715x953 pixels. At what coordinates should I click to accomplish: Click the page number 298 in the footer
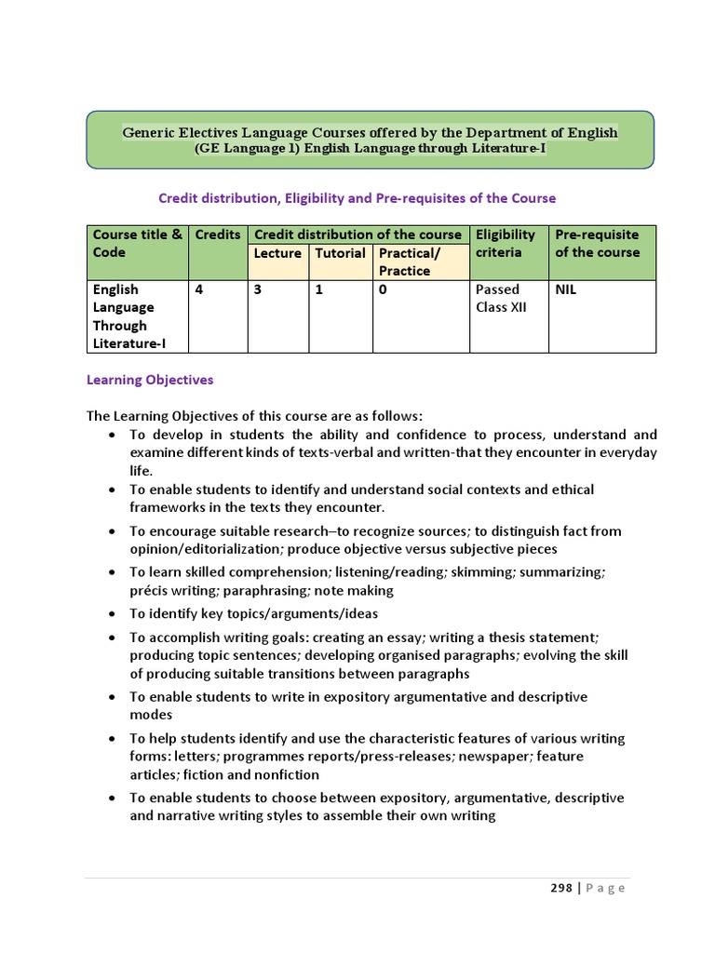tap(560, 888)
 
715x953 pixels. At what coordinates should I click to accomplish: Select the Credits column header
tap(218, 235)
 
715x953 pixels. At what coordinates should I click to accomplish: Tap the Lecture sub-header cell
tap(277, 253)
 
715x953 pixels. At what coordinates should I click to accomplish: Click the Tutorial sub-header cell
tap(340, 253)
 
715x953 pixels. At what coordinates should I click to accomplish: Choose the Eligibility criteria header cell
tap(507, 244)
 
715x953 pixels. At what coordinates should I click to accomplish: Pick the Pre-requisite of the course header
tap(599, 244)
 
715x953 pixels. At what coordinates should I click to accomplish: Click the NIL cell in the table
tap(566, 289)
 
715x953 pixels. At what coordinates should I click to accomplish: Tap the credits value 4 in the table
tap(199, 289)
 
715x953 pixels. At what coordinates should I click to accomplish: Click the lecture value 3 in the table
tap(258, 289)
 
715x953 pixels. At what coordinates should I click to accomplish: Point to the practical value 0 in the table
tap(383, 289)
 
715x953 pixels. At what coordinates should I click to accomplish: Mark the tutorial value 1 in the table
tap(318, 289)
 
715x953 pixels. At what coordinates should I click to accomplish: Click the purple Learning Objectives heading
tap(150, 380)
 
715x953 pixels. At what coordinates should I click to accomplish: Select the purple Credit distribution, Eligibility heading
tap(357, 198)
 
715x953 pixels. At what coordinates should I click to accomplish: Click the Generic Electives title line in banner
tap(370, 132)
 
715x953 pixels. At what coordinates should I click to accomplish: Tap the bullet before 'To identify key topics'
tap(113, 614)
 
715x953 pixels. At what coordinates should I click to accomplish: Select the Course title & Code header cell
tap(137, 244)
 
